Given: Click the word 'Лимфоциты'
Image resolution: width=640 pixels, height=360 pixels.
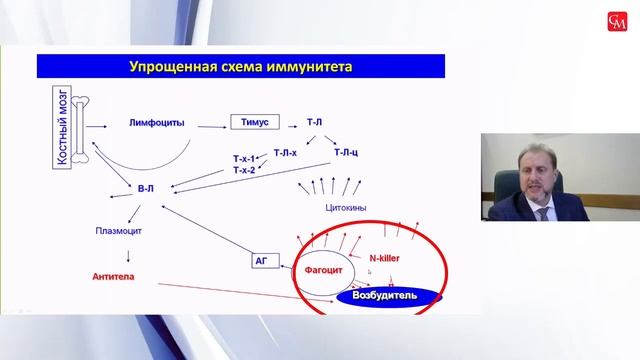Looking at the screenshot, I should (158, 123).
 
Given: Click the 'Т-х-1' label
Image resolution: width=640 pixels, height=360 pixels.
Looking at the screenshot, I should (243, 158).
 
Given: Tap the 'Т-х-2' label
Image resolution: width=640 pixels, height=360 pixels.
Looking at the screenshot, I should (243, 170).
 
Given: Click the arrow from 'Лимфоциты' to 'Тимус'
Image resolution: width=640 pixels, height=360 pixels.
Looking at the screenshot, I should (210, 124).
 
